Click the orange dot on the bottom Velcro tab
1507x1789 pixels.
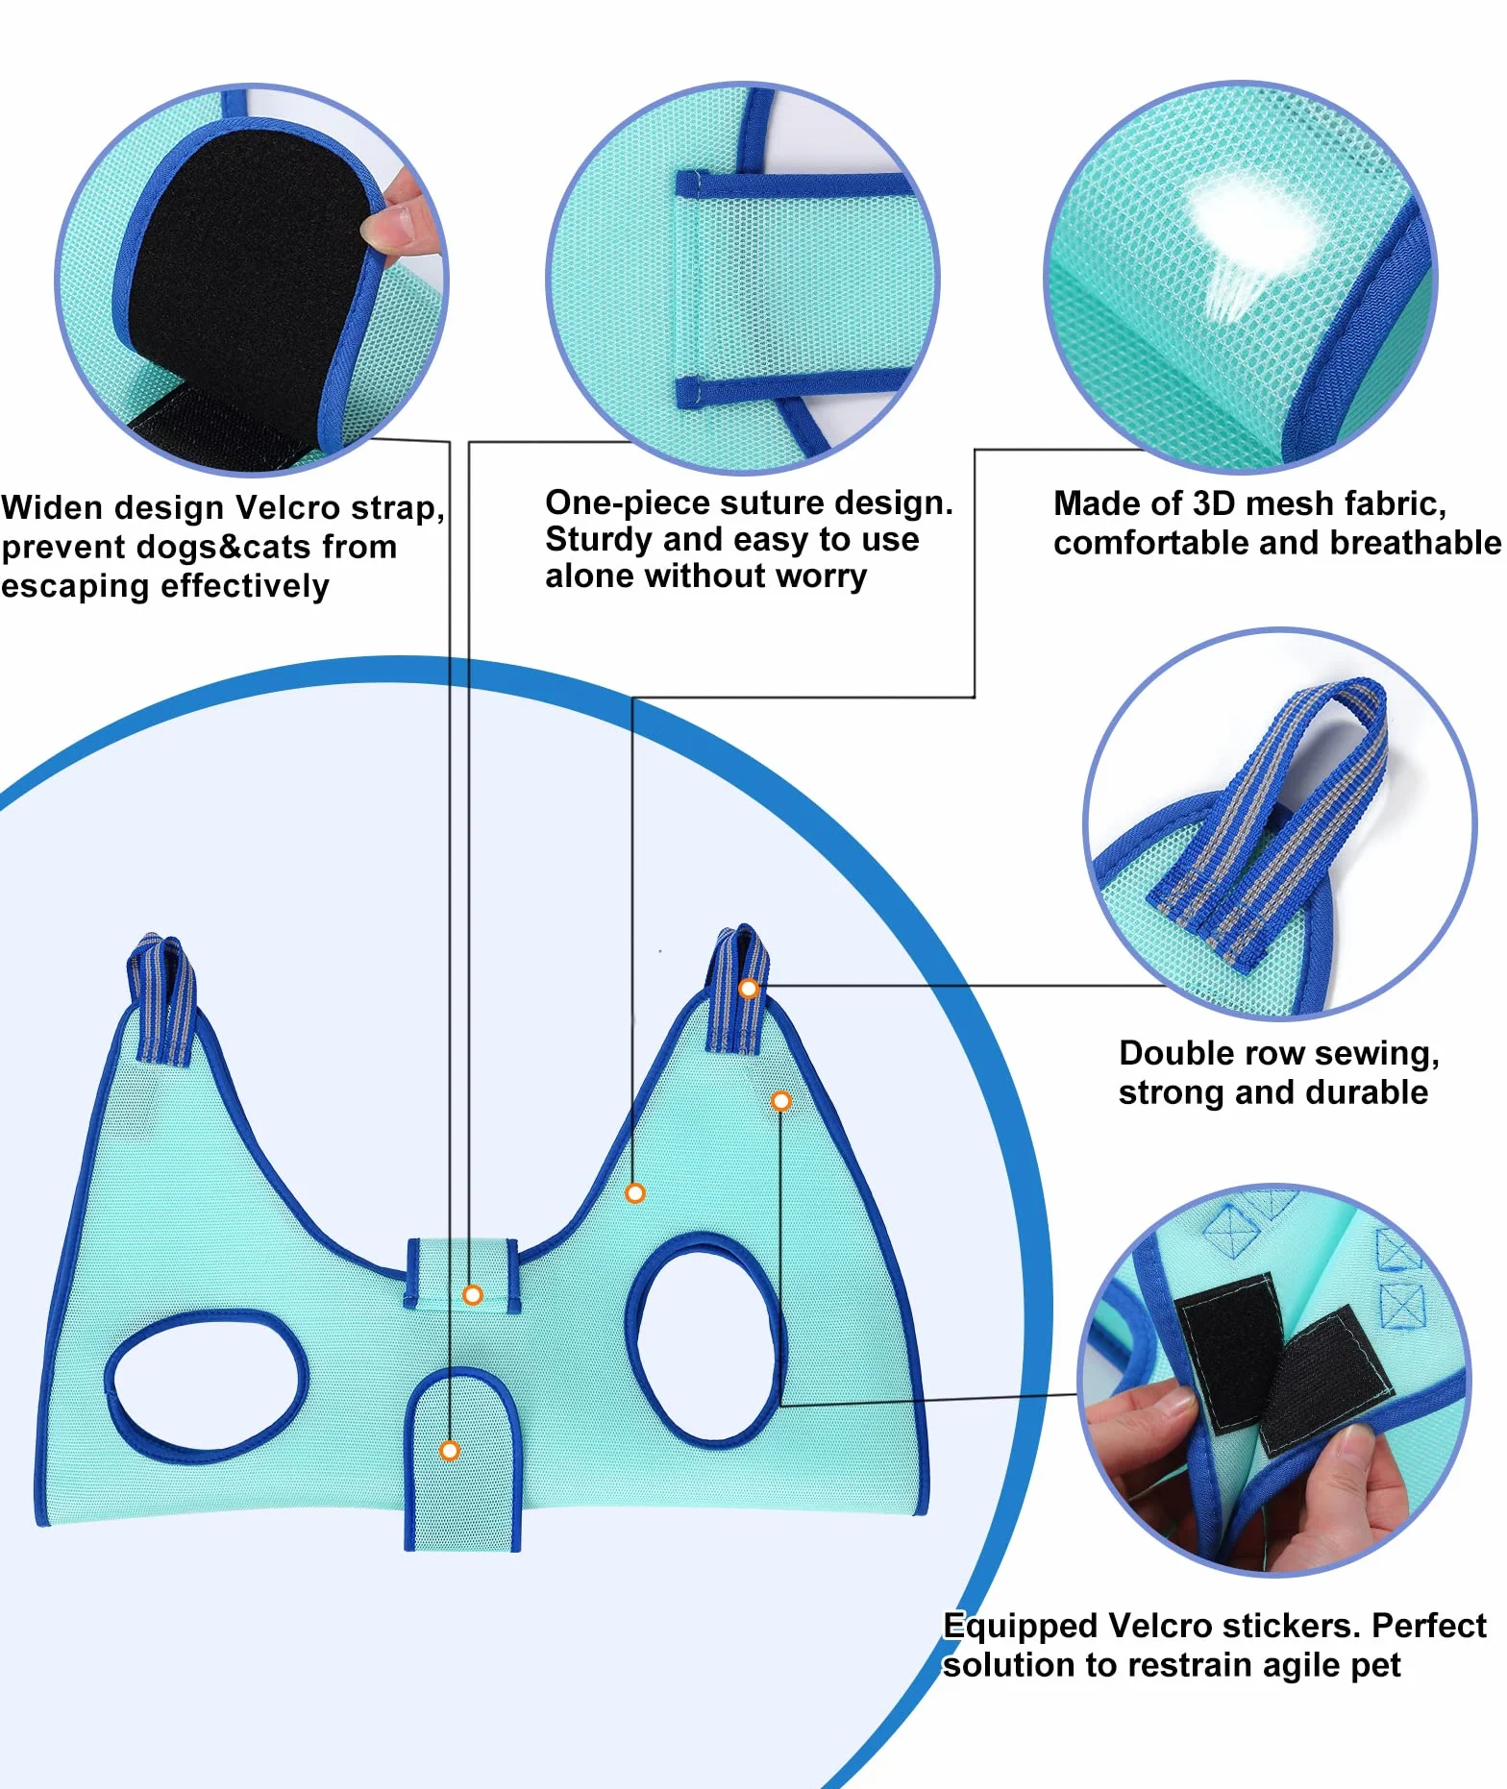click(450, 1450)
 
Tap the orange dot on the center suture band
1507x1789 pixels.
click(473, 1295)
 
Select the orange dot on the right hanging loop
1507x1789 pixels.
click(749, 988)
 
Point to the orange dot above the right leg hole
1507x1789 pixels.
click(781, 1101)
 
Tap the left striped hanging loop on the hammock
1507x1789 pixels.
click(163, 999)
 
